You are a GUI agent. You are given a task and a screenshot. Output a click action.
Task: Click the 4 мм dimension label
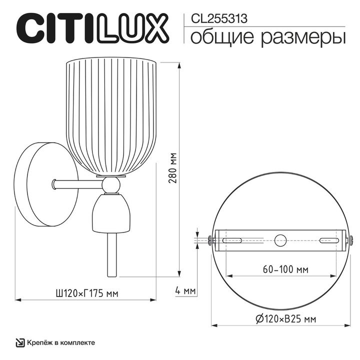point(185,290)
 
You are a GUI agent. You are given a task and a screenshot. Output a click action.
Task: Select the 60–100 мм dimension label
point(278,269)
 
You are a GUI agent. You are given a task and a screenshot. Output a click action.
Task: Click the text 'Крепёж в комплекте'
point(61,342)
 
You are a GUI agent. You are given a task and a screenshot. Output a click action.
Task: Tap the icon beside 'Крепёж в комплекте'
point(19,342)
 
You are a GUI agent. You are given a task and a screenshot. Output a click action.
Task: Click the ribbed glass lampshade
point(111,115)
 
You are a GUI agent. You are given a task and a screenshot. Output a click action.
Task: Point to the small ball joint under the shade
point(110,185)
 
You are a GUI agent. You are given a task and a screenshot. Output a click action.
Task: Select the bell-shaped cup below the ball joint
point(110,212)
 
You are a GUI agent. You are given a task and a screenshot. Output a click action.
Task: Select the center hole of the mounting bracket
point(280,239)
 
